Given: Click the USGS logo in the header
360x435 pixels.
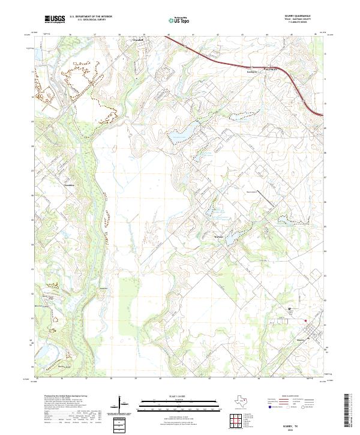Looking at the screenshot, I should point(55,19).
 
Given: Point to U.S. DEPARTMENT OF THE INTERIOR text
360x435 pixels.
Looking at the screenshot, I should point(91,17).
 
